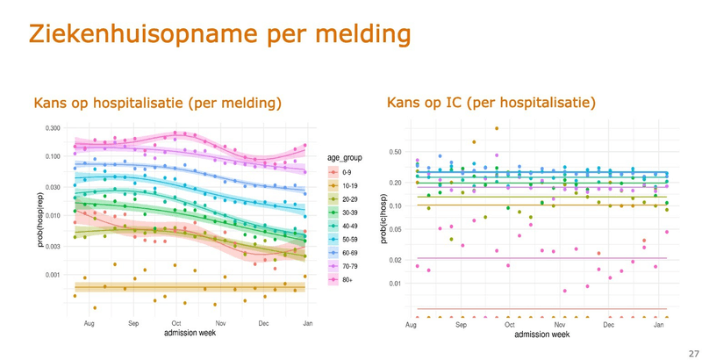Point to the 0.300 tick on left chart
tap(51, 128)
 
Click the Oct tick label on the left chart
tap(176, 324)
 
